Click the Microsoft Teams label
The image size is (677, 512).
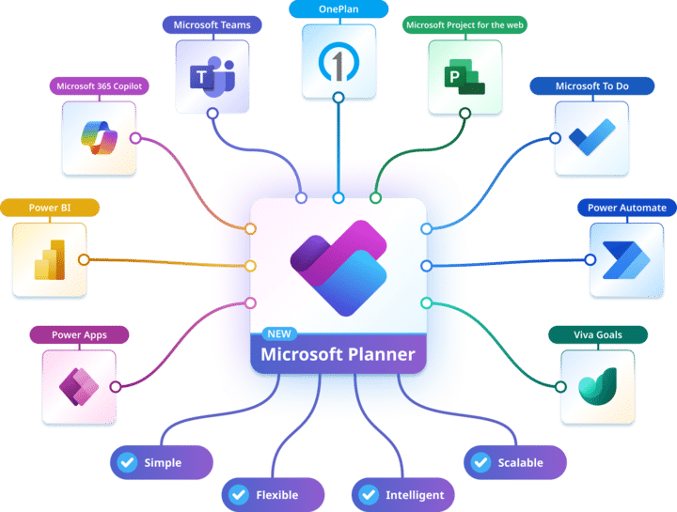pos(212,25)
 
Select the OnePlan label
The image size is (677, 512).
pos(338,9)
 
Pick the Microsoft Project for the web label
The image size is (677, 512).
pos(464,25)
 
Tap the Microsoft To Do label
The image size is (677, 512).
pos(591,86)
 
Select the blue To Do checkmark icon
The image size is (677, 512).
pos(591,138)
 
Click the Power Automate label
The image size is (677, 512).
pos(627,208)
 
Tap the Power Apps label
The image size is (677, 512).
pos(79,334)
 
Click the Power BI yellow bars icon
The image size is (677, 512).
pos(49,259)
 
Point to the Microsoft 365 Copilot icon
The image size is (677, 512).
pos(99,138)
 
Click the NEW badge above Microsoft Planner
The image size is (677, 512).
pos(279,334)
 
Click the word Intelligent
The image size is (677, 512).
pos(415,495)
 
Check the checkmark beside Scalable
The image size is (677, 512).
pos(480,463)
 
